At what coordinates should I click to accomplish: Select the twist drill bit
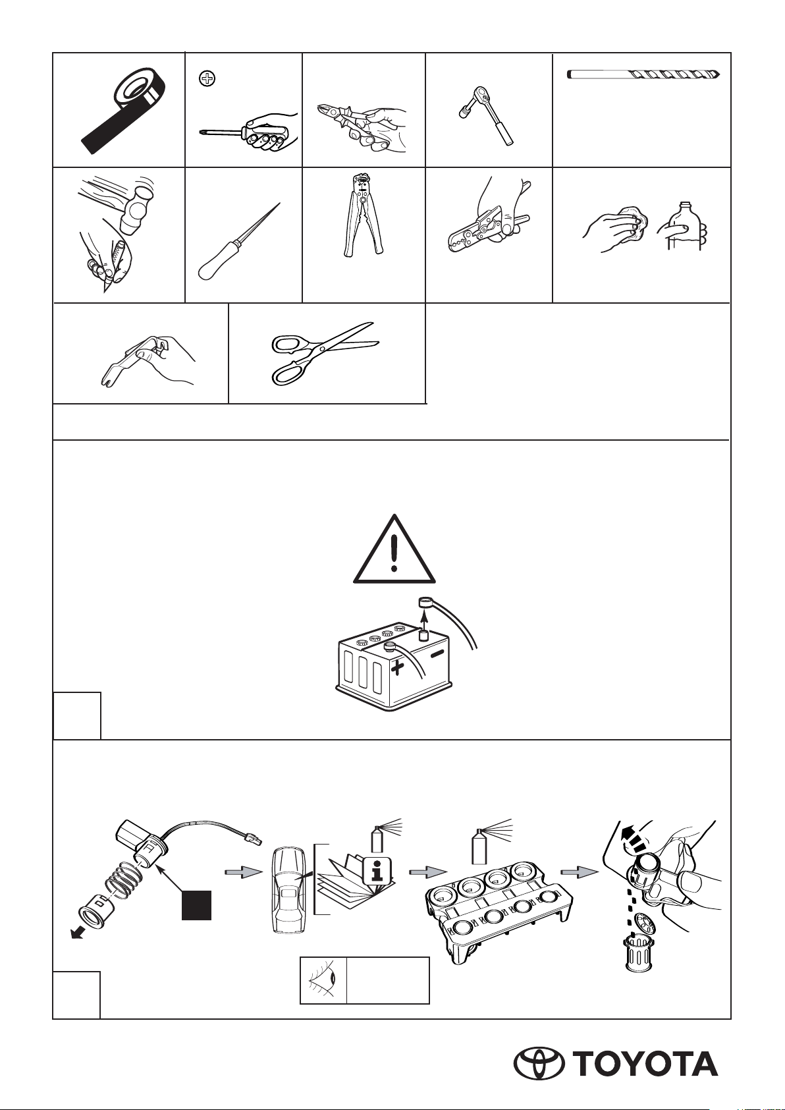pos(643,75)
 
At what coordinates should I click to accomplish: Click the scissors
pos(325,352)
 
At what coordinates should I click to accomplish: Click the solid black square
pos(197,905)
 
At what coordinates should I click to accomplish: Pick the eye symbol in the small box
pos(323,980)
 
